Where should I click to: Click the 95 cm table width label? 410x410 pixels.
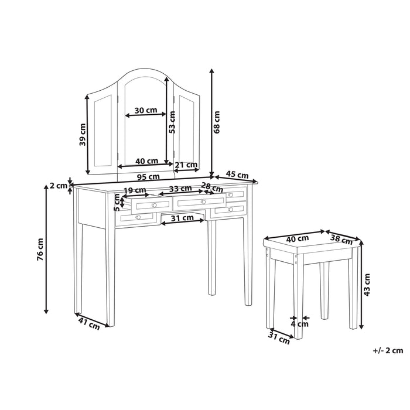tap(149, 176)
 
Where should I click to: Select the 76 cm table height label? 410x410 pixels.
tap(40, 248)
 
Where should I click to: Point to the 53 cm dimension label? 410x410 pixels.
tap(172, 122)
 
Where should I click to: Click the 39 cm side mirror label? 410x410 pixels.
tap(83, 135)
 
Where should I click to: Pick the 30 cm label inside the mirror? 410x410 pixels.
tap(145, 110)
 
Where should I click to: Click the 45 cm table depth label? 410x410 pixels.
tap(237, 175)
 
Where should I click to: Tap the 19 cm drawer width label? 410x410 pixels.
tap(135, 190)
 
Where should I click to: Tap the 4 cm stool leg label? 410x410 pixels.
tap(300, 323)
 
